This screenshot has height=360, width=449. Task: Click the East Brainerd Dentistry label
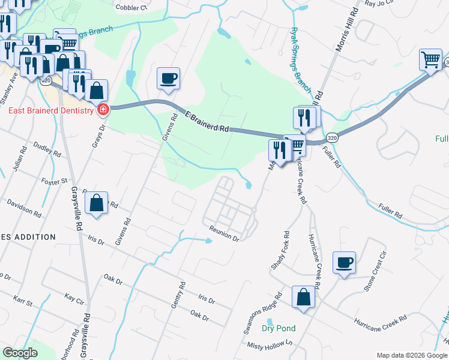(50, 110)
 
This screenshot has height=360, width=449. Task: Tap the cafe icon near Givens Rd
(168, 78)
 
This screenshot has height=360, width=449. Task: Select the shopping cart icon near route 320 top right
(430, 61)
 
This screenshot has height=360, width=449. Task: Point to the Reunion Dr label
(224, 233)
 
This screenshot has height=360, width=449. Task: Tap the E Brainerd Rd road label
(207, 121)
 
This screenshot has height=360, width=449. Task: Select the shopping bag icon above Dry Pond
(304, 298)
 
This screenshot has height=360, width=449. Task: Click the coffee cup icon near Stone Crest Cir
(345, 263)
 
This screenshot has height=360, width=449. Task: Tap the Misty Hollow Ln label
(270, 344)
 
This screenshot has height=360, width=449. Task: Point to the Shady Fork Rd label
(280, 250)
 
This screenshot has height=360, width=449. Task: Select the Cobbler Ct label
(131, 8)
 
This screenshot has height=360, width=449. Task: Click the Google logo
(20, 352)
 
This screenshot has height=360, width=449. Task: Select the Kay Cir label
(76, 298)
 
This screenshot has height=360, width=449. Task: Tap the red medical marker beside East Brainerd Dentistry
(103, 110)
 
